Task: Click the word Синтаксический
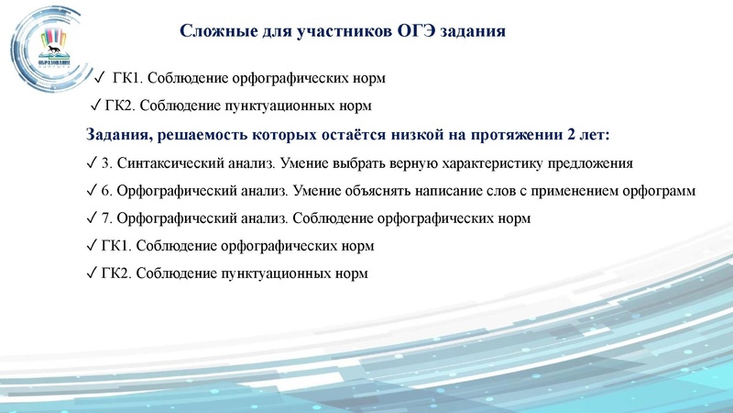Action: click(171, 165)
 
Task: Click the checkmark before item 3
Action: click(90, 165)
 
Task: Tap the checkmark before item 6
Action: click(90, 192)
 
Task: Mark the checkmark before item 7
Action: click(90, 218)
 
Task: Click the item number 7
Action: click(105, 219)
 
